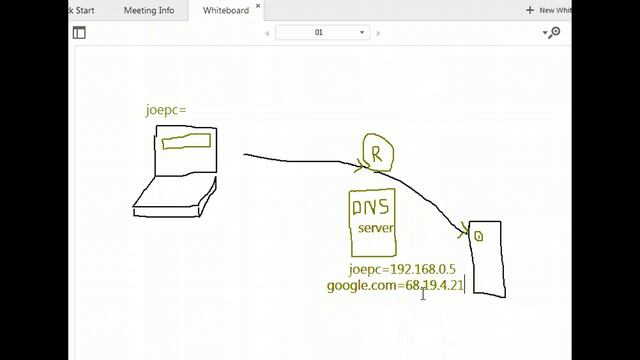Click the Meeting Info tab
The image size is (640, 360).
click(148, 10)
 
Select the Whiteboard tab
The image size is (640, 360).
click(225, 10)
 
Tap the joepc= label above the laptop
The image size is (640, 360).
click(166, 110)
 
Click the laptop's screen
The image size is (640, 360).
click(186, 153)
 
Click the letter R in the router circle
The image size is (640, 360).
click(377, 155)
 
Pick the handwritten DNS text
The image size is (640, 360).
click(371, 207)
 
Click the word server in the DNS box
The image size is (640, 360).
click(376, 228)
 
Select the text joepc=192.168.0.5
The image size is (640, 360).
click(402, 269)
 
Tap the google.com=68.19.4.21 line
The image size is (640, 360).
click(395, 286)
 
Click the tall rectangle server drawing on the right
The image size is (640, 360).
click(487, 258)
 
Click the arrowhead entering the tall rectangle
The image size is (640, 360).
click(463, 232)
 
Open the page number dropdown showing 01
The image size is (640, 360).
click(322, 32)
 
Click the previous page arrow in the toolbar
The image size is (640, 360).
click(267, 32)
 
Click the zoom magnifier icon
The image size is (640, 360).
click(552, 32)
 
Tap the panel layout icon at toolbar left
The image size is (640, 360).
click(79, 32)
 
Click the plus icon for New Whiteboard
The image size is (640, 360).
click(530, 10)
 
